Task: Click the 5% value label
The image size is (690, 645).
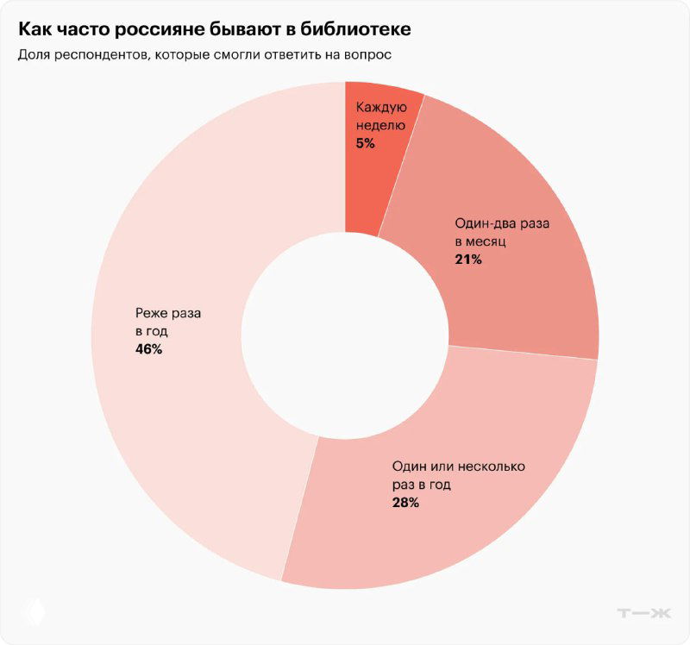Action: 365,143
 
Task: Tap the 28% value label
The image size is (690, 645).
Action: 405,502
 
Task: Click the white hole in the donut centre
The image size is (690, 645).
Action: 345,337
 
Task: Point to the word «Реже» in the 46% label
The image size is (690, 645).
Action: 151,313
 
